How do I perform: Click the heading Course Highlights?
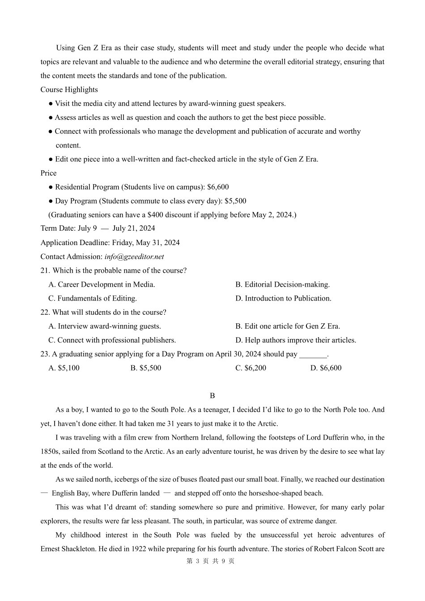(69, 89)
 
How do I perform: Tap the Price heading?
(48, 173)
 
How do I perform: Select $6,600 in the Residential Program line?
(218, 187)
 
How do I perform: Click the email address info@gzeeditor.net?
(134, 257)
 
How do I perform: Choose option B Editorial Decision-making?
(282, 284)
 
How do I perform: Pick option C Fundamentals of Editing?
(93, 298)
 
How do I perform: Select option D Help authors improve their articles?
(296, 340)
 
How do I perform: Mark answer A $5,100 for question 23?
(64, 368)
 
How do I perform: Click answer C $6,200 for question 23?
(251, 368)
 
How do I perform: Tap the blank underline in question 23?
(313, 355)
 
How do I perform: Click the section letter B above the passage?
(212, 396)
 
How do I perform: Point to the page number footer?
(210, 561)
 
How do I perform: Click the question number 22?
(45, 312)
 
